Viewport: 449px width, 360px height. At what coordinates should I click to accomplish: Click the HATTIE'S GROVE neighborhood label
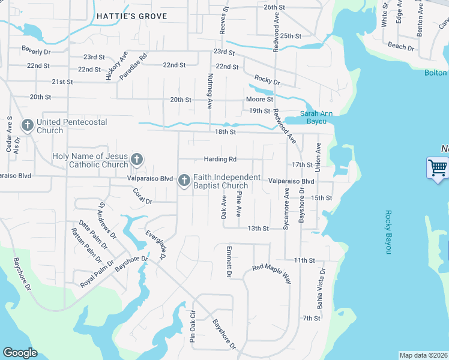tap(131, 16)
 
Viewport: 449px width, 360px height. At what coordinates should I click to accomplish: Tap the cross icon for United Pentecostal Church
tap(27, 126)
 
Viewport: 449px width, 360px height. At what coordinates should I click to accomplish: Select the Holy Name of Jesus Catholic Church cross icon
tap(137, 160)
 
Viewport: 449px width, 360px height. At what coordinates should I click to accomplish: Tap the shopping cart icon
tap(438, 167)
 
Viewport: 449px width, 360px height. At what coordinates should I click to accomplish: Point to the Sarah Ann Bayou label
tap(316, 117)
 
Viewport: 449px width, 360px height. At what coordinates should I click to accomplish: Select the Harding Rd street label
tap(220, 159)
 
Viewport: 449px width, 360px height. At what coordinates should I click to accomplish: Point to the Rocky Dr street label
tap(267, 80)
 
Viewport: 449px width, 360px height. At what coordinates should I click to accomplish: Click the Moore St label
tap(259, 99)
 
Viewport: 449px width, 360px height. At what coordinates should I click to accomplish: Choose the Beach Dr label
tap(400, 46)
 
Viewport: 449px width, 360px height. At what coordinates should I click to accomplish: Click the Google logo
tap(20, 353)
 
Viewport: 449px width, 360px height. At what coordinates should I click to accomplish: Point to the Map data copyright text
tap(423, 355)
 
